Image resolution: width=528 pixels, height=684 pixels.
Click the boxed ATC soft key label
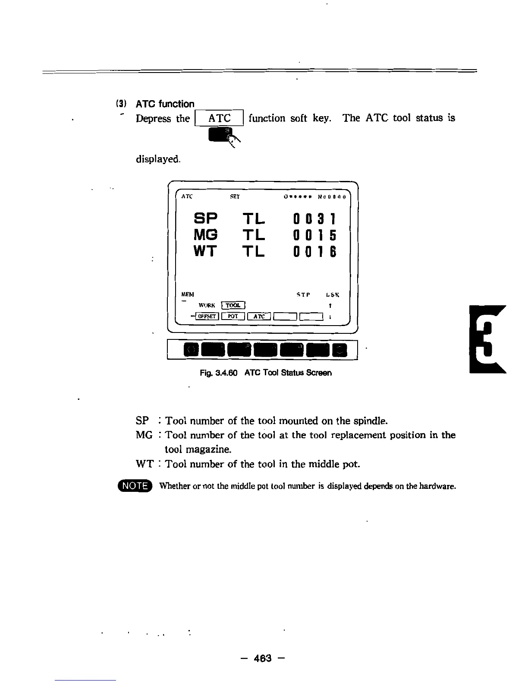pyautogui.click(x=220, y=118)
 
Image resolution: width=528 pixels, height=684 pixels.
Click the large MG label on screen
pyautogui.click(x=206, y=236)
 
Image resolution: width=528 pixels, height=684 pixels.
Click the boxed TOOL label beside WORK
pyautogui.click(x=233, y=305)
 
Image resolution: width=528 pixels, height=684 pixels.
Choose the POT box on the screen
pyautogui.click(x=233, y=317)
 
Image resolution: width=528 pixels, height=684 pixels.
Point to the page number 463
pyautogui.click(x=263, y=658)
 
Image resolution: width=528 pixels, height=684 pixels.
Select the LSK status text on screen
pyautogui.click(x=333, y=295)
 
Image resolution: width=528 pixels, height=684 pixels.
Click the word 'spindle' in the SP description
pyautogui.click(x=370, y=421)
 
